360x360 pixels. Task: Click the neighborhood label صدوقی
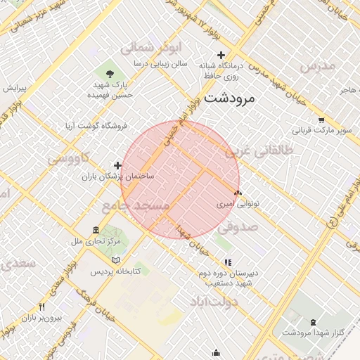click(x=238, y=226)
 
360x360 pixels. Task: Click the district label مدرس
click(x=318, y=65)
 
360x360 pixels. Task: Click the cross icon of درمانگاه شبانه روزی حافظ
click(x=221, y=55)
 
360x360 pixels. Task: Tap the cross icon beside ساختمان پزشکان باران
click(x=108, y=165)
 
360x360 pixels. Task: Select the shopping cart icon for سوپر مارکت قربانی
click(x=321, y=120)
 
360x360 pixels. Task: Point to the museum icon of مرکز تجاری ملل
click(x=96, y=231)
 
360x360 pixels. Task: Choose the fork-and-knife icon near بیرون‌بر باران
click(x=41, y=307)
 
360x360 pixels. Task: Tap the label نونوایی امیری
click(x=238, y=202)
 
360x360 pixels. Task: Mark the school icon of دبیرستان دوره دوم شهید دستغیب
click(x=226, y=262)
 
